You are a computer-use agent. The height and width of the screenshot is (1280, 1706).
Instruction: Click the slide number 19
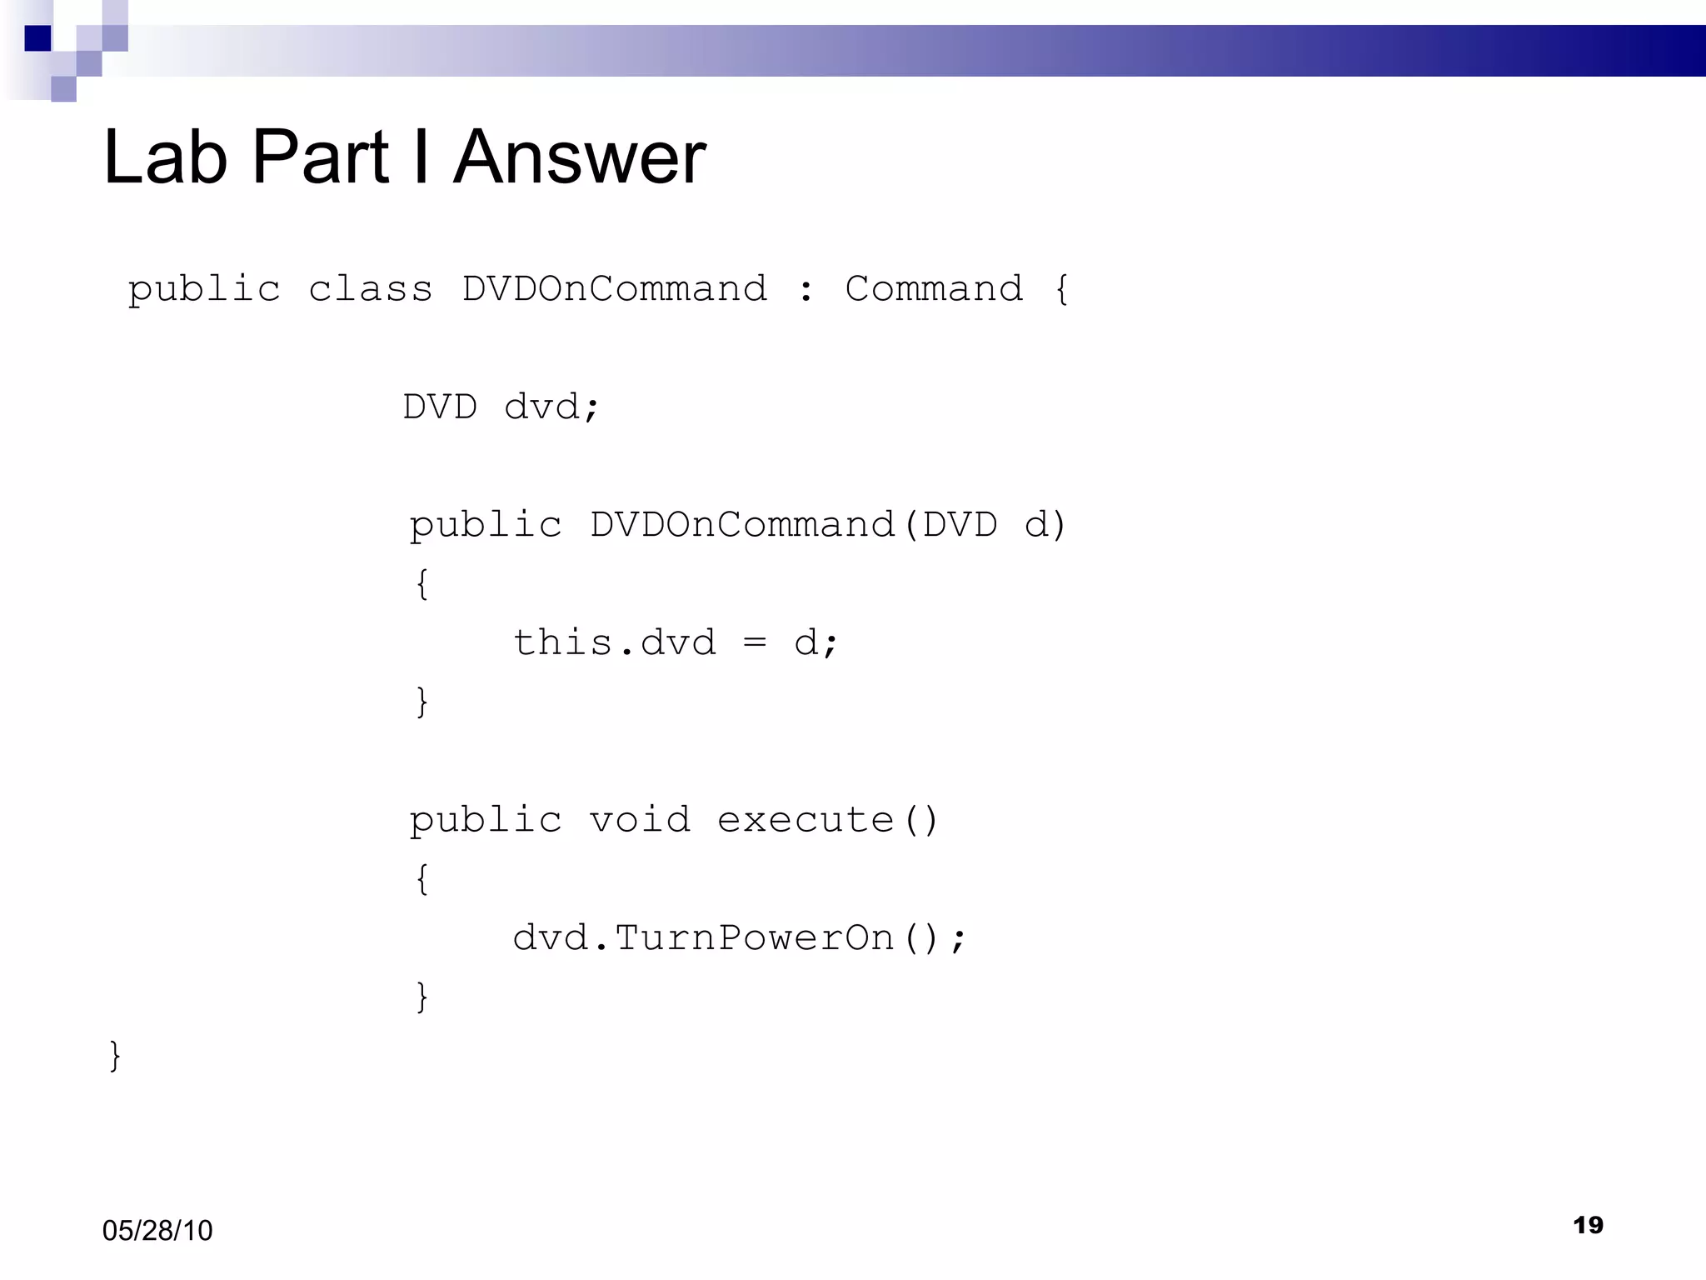coord(1588,1225)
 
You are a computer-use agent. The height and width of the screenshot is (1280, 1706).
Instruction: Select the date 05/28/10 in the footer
coord(157,1230)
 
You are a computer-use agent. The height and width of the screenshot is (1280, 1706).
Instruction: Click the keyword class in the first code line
coord(371,289)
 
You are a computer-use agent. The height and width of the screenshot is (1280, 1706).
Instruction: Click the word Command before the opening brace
coord(934,289)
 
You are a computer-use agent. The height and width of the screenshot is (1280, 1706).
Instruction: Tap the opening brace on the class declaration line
coord(1061,289)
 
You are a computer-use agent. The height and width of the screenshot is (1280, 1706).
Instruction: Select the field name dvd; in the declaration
coord(551,407)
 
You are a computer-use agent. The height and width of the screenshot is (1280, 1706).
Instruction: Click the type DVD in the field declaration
coord(440,407)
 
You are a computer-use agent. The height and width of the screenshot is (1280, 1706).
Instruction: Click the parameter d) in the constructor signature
coord(1045,525)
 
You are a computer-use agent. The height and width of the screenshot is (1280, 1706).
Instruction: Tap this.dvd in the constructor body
coord(615,643)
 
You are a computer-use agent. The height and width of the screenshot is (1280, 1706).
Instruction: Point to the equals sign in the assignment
coord(755,643)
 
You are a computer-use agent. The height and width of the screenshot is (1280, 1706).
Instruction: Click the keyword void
coord(640,820)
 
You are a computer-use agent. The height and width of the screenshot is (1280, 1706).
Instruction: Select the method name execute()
coord(828,820)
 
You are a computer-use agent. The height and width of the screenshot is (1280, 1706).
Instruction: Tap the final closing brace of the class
coord(115,1056)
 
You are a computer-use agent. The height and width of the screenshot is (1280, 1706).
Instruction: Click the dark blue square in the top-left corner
coord(38,38)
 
